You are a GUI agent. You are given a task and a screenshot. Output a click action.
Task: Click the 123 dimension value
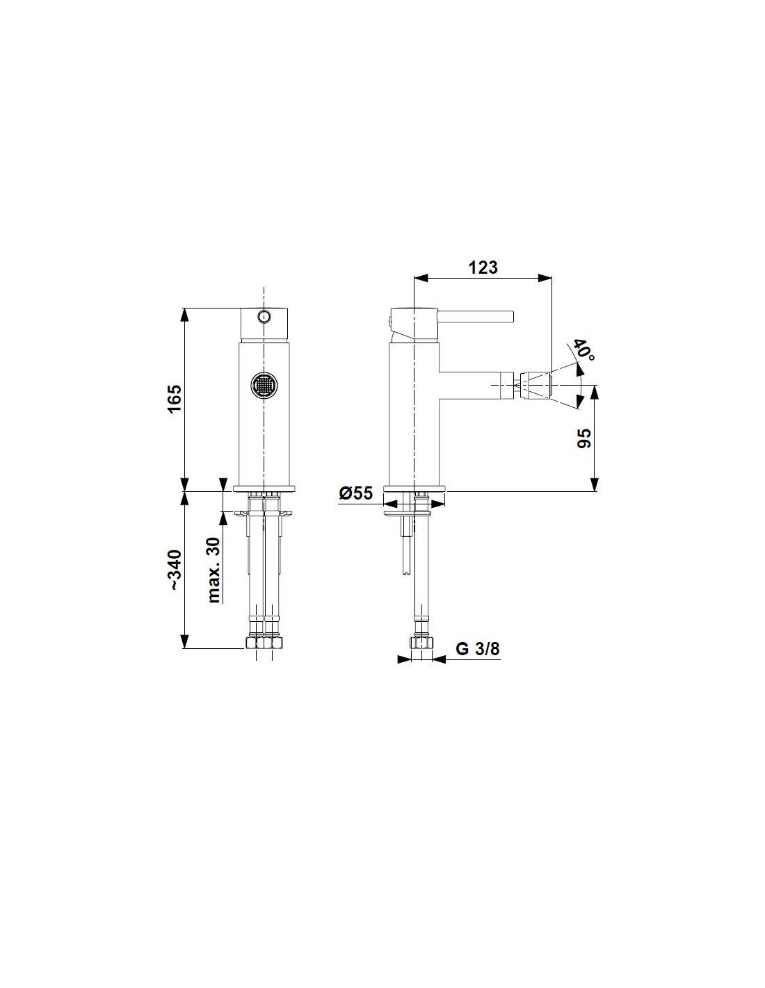pos(483,267)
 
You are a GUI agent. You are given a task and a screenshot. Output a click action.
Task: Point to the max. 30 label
pos(214,570)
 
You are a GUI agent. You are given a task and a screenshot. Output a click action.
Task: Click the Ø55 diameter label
pos(355,493)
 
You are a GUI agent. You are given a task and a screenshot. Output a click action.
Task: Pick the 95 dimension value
pos(584,438)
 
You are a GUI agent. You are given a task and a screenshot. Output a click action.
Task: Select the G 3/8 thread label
pos(477,649)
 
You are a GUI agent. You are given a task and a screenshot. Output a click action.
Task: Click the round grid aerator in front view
pos(264,387)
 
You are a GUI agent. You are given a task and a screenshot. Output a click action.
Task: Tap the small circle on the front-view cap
pos(264,315)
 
